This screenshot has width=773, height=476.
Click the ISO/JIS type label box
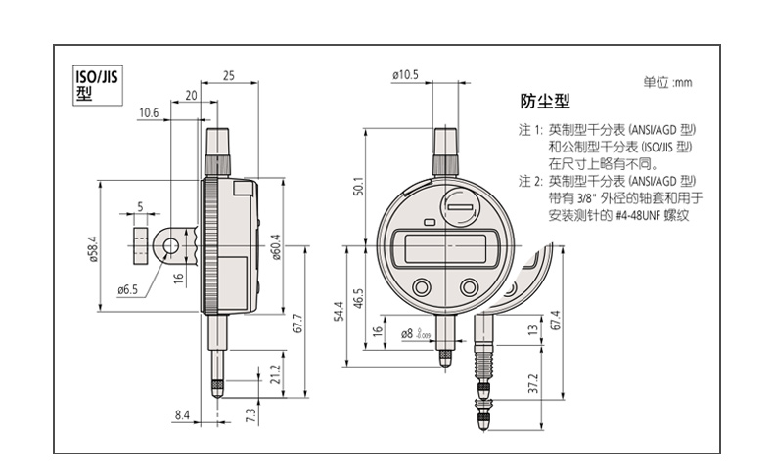pos(92,86)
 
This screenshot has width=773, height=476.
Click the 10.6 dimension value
pos(149,113)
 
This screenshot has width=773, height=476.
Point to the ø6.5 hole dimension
pos(129,289)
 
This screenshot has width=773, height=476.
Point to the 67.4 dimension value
pos(556,320)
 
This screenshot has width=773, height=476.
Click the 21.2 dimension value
pos(275,374)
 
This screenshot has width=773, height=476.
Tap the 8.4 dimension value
pos(182,415)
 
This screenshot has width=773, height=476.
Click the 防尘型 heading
pos(543,103)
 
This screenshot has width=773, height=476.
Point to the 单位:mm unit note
pos(667,83)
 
